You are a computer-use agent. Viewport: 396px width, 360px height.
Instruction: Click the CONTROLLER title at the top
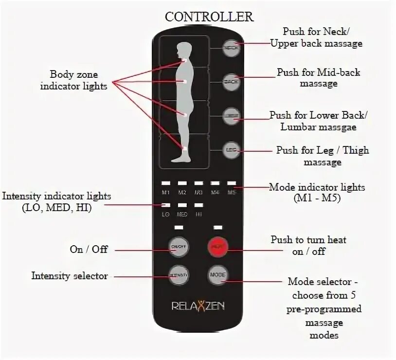click(209, 17)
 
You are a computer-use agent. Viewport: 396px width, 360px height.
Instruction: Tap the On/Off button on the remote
click(178, 247)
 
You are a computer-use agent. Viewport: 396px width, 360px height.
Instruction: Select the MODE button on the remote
click(217, 275)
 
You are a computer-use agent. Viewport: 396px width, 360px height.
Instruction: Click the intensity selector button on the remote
click(178, 275)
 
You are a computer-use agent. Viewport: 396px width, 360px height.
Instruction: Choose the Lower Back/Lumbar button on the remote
click(231, 116)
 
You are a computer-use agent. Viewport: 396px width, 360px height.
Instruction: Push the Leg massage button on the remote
click(231, 150)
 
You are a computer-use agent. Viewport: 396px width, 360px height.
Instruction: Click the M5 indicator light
click(231, 183)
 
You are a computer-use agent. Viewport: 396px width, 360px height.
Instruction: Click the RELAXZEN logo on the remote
click(198, 306)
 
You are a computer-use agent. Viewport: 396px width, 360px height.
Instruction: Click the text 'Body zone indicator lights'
click(74, 80)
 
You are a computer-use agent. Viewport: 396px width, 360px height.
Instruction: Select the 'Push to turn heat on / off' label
click(308, 245)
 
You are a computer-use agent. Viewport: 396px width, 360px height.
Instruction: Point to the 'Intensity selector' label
click(70, 276)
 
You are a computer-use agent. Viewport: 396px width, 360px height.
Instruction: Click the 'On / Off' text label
click(89, 249)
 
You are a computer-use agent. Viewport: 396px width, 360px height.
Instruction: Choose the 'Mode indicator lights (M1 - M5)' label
click(317, 192)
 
